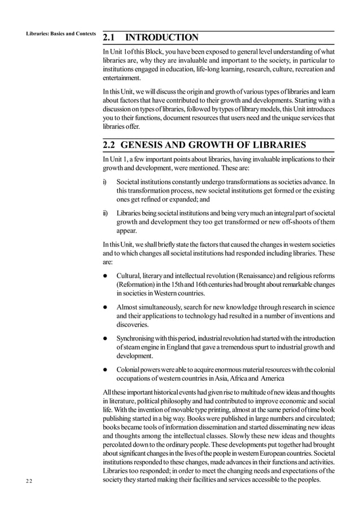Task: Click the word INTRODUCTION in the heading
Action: coord(161,38)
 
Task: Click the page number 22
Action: coord(29,481)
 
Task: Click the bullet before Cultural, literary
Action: coord(106,275)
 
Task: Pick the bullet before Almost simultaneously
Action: coord(106,306)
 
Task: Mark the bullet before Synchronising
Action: coord(106,338)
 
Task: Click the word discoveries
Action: coord(133,325)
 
